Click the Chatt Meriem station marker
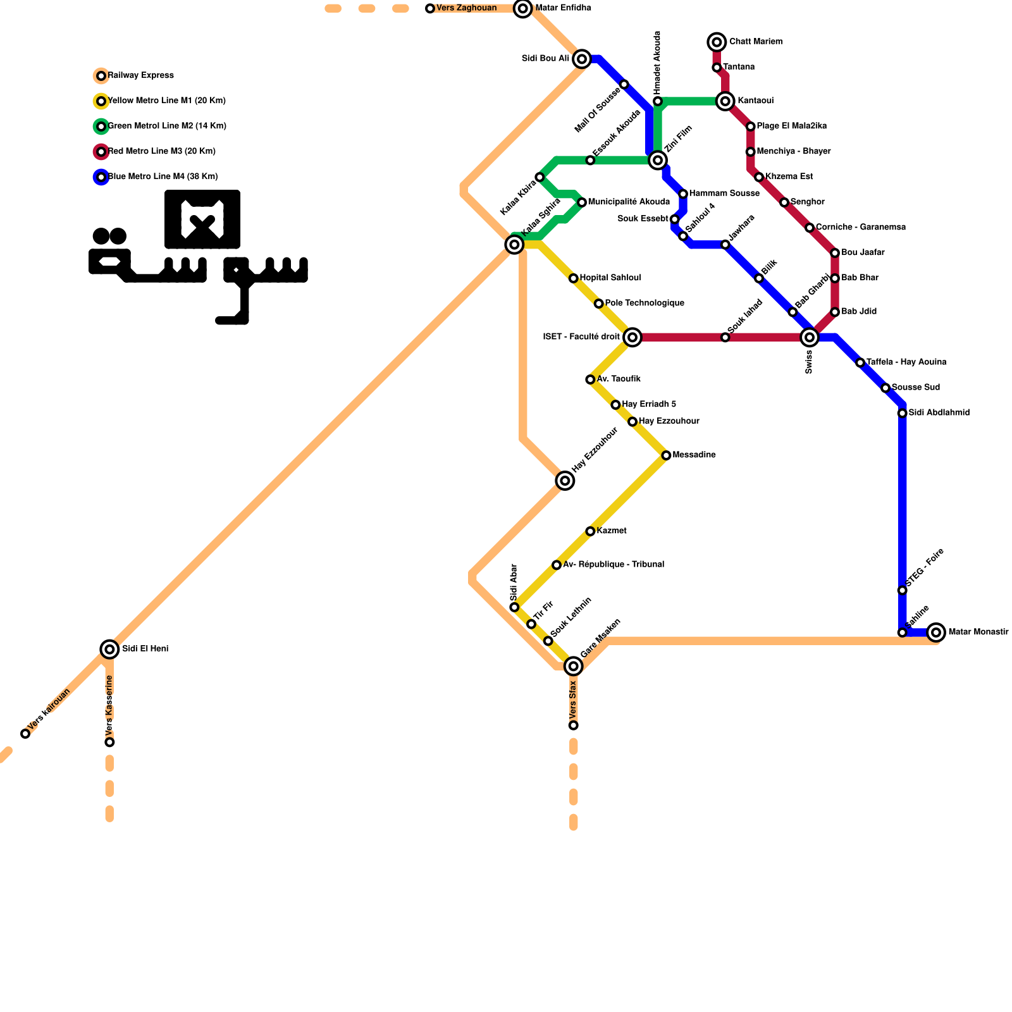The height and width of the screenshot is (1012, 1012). point(717,42)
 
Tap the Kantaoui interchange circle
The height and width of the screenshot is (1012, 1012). point(725,101)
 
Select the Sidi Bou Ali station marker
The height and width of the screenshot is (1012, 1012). point(582,59)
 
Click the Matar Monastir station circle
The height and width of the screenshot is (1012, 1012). point(936,632)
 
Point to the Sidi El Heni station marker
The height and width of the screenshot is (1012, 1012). point(109,649)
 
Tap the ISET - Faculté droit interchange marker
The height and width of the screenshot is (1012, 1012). point(632,337)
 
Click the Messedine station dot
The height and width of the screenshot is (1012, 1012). point(666,455)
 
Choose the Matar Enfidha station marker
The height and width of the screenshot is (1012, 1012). point(522,8)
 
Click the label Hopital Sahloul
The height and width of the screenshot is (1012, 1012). point(610,278)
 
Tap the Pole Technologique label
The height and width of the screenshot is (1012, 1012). point(644,303)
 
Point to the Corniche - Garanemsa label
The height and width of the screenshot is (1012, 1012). point(860,227)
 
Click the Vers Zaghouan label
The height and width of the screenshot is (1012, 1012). point(466,8)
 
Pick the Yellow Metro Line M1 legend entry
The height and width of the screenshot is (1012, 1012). point(166,101)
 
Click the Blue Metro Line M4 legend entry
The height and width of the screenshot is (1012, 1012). point(163,176)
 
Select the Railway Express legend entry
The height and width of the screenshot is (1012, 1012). point(140,75)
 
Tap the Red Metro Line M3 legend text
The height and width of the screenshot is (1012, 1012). point(162,151)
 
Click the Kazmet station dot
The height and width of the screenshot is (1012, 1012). point(590,531)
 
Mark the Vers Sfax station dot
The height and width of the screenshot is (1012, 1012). point(573,725)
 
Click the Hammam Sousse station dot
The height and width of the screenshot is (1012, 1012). point(683,194)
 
